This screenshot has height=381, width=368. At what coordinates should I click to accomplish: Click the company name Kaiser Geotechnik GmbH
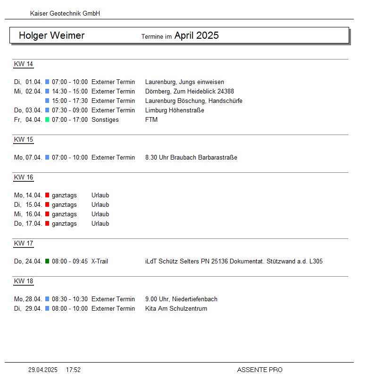coord(65,14)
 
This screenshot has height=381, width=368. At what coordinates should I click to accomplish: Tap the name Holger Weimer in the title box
coord(52,35)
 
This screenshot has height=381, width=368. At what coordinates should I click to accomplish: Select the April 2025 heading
coord(196,35)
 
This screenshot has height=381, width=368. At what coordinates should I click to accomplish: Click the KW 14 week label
coord(24,64)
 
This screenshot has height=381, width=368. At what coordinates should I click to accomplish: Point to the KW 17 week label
coord(24,244)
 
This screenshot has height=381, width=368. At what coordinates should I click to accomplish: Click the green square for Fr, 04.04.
coord(47,120)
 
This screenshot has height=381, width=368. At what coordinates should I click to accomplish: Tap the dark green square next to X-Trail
coord(47,261)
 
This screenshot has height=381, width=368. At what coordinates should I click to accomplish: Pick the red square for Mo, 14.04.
coord(47,195)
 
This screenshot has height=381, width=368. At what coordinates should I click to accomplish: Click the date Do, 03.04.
coord(28,110)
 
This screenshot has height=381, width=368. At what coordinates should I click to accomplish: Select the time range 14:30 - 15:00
coord(70,92)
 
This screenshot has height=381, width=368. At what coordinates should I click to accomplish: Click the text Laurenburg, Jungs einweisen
coord(184,82)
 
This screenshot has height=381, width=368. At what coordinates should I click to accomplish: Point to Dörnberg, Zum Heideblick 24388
coord(190,92)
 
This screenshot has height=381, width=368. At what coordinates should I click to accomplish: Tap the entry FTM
coord(151,120)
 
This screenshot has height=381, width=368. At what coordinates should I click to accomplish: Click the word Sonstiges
coord(105,120)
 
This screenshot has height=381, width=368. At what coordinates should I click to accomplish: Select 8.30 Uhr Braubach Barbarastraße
coord(191,158)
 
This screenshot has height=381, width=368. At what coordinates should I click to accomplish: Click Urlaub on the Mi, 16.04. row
coord(100,214)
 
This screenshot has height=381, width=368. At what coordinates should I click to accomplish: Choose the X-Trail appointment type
coord(100,261)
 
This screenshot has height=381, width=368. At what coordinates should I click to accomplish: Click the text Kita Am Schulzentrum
coord(176,309)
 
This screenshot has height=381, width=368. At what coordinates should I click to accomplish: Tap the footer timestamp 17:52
coord(73,370)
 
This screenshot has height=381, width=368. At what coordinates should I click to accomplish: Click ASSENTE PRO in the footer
coord(259,370)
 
